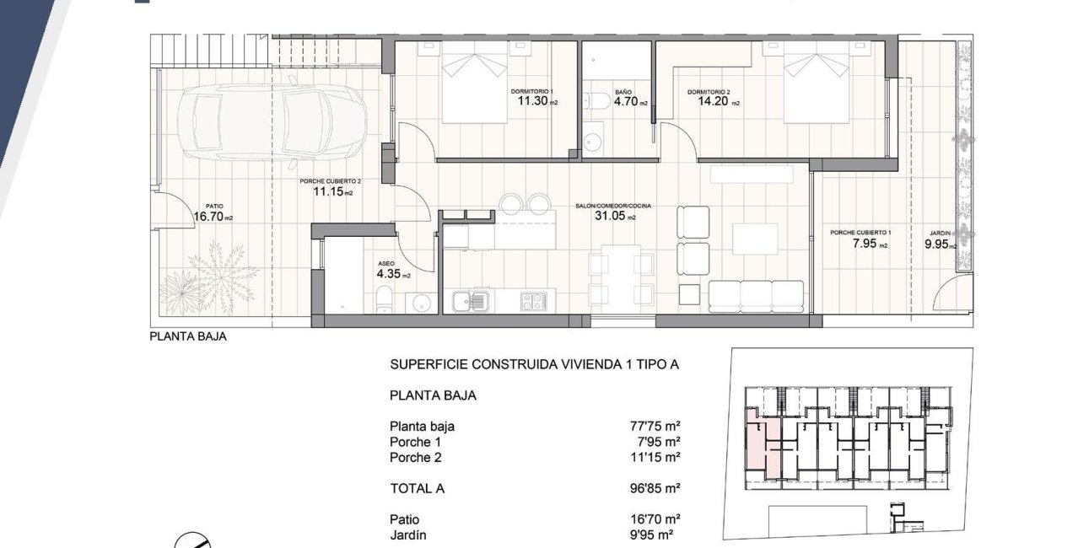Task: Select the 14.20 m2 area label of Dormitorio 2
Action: tap(717, 103)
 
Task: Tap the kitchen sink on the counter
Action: tap(470, 300)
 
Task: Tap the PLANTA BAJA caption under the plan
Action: tap(188, 336)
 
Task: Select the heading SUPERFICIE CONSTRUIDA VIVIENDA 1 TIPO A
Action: tap(534, 365)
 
